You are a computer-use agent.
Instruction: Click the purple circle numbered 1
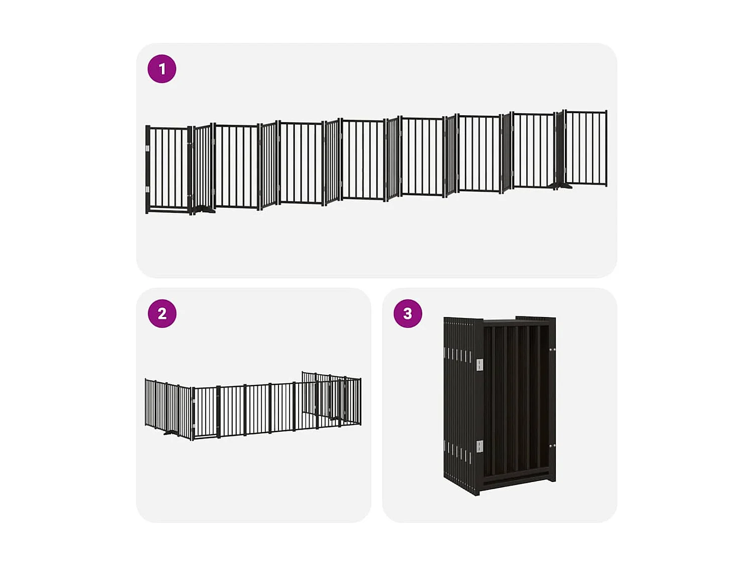coord(162,69)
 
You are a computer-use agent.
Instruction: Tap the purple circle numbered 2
coord(162,313)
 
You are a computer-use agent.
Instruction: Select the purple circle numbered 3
coord(408,313)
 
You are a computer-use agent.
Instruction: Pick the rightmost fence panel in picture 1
coord(586,148)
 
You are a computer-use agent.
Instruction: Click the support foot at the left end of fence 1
coord(204,209)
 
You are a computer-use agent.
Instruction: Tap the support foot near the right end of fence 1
coord(562,187)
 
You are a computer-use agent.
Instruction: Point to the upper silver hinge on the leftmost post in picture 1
coord(147,149)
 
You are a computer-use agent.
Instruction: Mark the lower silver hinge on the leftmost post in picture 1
coord(147,189)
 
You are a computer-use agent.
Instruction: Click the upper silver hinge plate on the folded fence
coord(479,364)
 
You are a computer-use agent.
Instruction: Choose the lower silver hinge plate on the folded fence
coord(479,446)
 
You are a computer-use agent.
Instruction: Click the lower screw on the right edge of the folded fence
coord(552,446)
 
